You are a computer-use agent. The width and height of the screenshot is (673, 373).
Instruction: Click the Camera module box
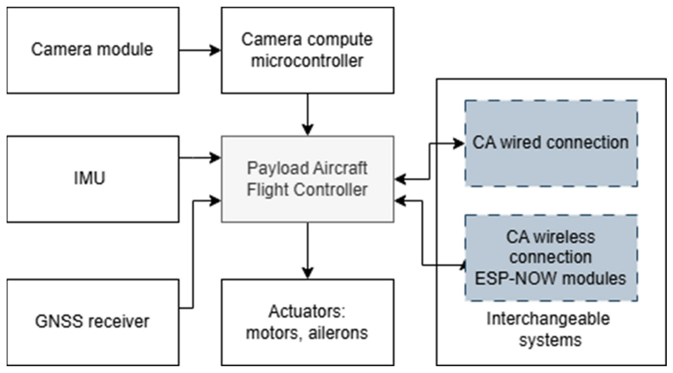coord(93,50)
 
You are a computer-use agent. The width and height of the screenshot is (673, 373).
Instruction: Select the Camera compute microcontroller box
coord(308,50)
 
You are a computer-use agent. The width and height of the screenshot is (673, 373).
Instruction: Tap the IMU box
coord(93,179)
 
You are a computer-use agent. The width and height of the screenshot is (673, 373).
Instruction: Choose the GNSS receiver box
coord(93,322)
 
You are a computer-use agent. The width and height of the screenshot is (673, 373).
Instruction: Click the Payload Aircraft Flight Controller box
coord(308,179)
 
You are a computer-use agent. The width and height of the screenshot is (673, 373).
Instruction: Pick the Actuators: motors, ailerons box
coord(308,322)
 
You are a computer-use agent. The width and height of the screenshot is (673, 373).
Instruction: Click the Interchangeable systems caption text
coord(549,330)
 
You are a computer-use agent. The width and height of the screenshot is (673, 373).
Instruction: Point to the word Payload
coord(277,168)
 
